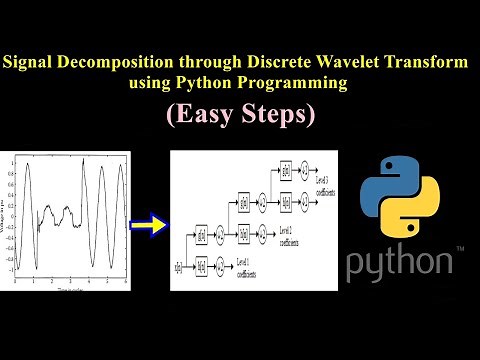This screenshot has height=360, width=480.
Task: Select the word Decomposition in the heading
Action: (120, 62)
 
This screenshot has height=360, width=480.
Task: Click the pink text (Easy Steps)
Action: (240, 115)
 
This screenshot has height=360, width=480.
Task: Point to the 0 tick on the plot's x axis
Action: (17, 286)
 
